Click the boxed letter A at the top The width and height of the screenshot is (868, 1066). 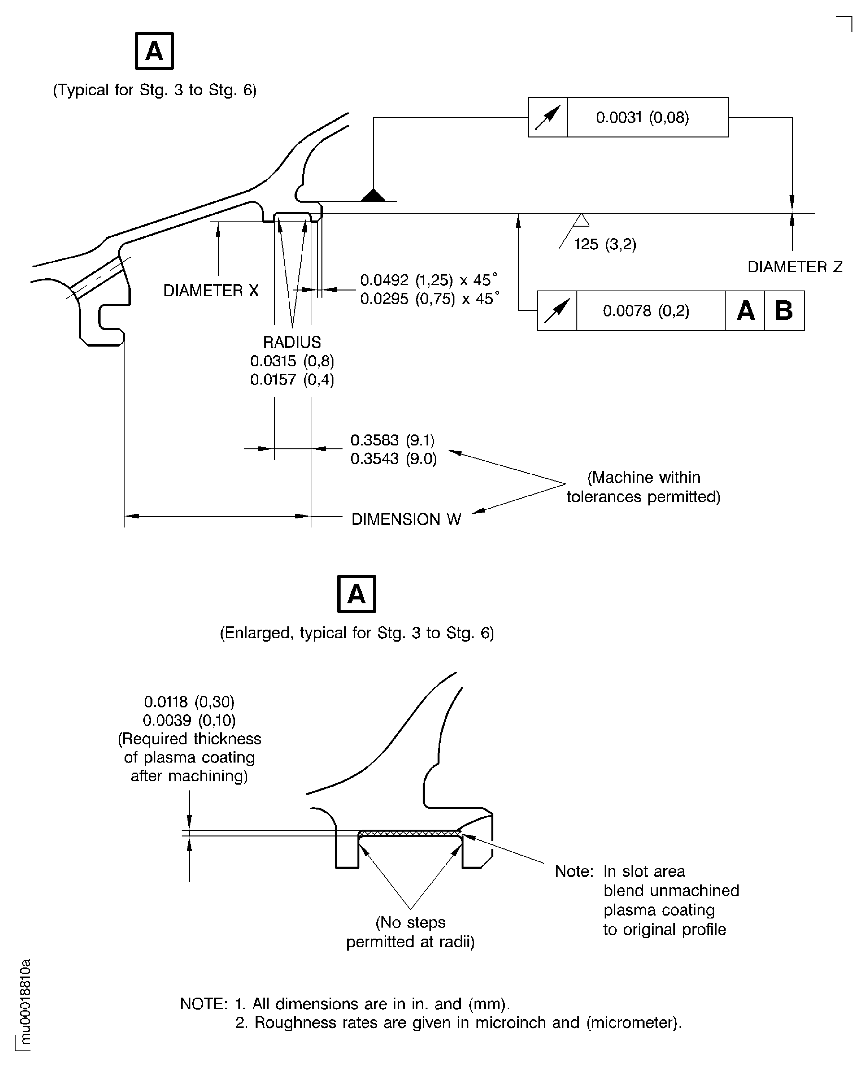tap(154, 51)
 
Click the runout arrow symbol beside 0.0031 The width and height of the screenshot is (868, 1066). tap(548, 117)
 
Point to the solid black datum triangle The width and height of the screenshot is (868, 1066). tap(373, 195)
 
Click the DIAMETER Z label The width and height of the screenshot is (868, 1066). tap(794, 267)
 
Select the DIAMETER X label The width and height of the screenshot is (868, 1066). tap(211, 290)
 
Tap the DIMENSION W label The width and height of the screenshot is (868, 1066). tap(406, 519)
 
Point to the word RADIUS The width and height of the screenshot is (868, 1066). tap(292, 342)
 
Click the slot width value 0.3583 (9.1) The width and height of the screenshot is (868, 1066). tap(392, 440)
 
